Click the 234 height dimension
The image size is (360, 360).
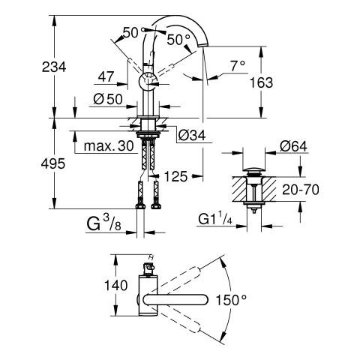coord(54,67)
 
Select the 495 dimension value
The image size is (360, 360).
coord(53,164)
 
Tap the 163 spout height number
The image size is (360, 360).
coord(262,82)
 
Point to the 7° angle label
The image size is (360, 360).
coord(238,66)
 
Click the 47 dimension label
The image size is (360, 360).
coord(106,76)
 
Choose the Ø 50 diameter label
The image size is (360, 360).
coord(108,99)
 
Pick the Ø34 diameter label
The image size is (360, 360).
coord(192,136)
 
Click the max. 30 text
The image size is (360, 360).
coord(109,145)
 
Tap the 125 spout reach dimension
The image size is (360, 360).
coord(175,176)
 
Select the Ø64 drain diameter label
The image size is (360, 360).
coord(293,146)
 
